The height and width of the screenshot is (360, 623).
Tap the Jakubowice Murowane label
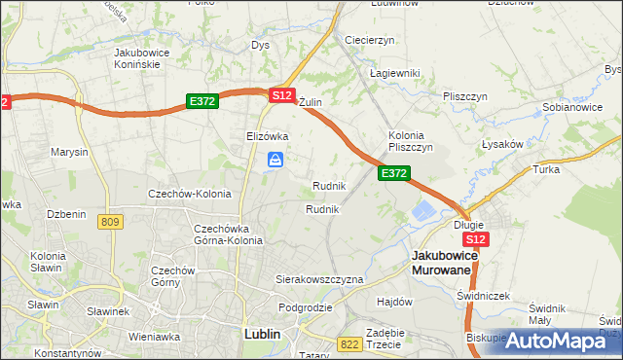pos(443,262)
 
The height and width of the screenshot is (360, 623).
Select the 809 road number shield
pos(110,222)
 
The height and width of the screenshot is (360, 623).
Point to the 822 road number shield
pos(349,343)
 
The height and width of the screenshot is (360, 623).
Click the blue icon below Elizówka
pos(276,161)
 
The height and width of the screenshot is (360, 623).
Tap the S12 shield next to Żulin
pos(281,94)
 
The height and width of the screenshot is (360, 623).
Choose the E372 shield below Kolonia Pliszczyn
pos(393,172)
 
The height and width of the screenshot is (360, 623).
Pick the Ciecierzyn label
pos(369,40)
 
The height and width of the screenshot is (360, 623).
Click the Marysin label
pos(70,153)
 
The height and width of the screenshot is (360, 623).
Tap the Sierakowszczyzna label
pos(319,279)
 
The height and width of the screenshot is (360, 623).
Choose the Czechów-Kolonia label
pos(189,194)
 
